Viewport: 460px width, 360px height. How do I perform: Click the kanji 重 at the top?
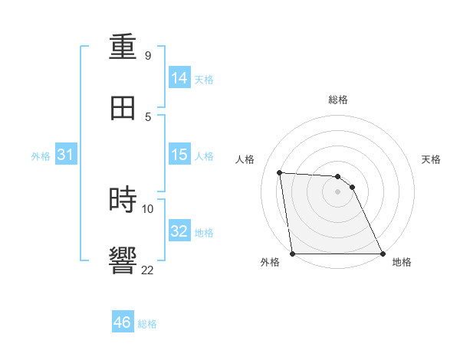[123, 47]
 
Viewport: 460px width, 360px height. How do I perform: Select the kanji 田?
[123, 108]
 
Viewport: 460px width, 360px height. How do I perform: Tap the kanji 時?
[123, 200]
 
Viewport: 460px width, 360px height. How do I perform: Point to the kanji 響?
[123, 260]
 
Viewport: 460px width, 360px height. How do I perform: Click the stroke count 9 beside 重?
[147, 56]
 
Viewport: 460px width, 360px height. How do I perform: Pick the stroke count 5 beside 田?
[147, 116]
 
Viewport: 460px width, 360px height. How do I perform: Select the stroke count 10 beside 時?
[147, 208]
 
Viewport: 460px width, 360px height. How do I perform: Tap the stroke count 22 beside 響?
[147, 269]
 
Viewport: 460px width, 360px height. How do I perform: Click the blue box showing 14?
[179, 78]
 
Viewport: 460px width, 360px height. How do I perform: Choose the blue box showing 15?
[179, 155]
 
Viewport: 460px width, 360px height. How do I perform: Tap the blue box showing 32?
[179, 231]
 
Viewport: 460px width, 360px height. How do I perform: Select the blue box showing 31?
[66, 155]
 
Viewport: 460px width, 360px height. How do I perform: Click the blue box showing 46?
[123, 322]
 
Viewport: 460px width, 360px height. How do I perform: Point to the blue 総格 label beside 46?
[148, 324]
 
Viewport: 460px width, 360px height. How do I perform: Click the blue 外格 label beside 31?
[41, 156]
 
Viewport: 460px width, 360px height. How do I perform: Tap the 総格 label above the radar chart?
[338, 100]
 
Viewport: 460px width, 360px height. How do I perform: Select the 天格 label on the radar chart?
[431, 159]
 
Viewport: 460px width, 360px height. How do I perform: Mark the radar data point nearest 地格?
[383, 254]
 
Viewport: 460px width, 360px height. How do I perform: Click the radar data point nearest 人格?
[280, 172]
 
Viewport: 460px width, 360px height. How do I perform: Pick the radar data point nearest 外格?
[293, 254]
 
